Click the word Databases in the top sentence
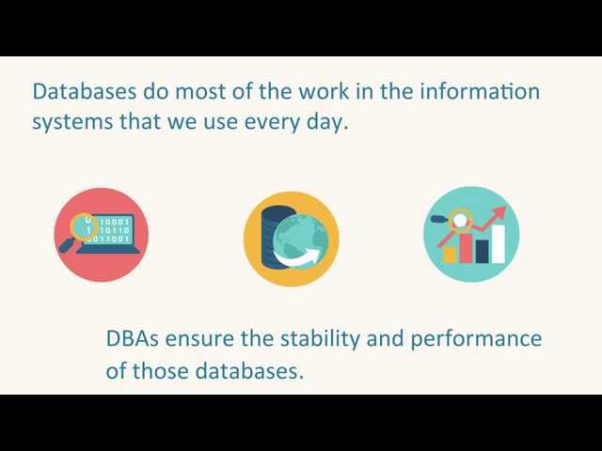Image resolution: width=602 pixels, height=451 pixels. pos(85,91)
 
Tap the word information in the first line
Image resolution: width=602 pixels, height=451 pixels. pos(480,91)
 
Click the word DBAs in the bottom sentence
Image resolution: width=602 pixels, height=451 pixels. pos(132,338)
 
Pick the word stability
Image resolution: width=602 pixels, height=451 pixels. pos(321,339)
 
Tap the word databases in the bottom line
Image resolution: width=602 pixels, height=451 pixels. pos(249,371)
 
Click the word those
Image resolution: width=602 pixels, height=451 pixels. pos(160,371)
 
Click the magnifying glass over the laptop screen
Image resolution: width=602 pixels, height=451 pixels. pos(79,232)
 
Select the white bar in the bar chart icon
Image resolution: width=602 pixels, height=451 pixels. pos(498,244)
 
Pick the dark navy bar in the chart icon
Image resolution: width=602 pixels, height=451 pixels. pos(482,252)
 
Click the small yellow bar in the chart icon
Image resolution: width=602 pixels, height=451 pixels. pos(450,256)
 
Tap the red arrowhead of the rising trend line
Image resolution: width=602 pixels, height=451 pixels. pos(500,213)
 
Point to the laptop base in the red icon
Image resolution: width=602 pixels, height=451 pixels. pos(107,250)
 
